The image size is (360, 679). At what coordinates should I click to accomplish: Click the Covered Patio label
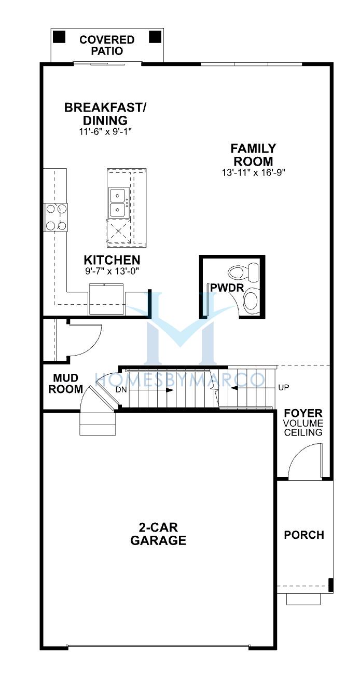pos(107,45)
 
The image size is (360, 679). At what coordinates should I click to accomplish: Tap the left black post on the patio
pos(59,37)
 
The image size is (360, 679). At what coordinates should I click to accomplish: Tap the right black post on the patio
pos(155,37)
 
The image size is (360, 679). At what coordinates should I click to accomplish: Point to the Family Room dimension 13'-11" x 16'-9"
pos(254,172)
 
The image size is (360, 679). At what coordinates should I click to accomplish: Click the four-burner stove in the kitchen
pos(56,218)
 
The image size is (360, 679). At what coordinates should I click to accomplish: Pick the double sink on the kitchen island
pos(118,202)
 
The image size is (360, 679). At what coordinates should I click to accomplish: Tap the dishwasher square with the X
pos(118,231)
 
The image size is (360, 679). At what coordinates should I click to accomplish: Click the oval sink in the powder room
pos(251,301)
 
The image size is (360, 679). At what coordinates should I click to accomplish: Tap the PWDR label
pos(227,288)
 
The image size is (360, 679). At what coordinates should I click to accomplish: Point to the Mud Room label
pos(66,384)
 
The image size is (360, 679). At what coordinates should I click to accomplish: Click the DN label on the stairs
pos(121,390)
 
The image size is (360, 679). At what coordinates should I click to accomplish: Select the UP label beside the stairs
pos(283,387)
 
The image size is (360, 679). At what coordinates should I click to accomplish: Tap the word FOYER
pos(303,413)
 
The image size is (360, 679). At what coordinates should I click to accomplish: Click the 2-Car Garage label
pos(158,534)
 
